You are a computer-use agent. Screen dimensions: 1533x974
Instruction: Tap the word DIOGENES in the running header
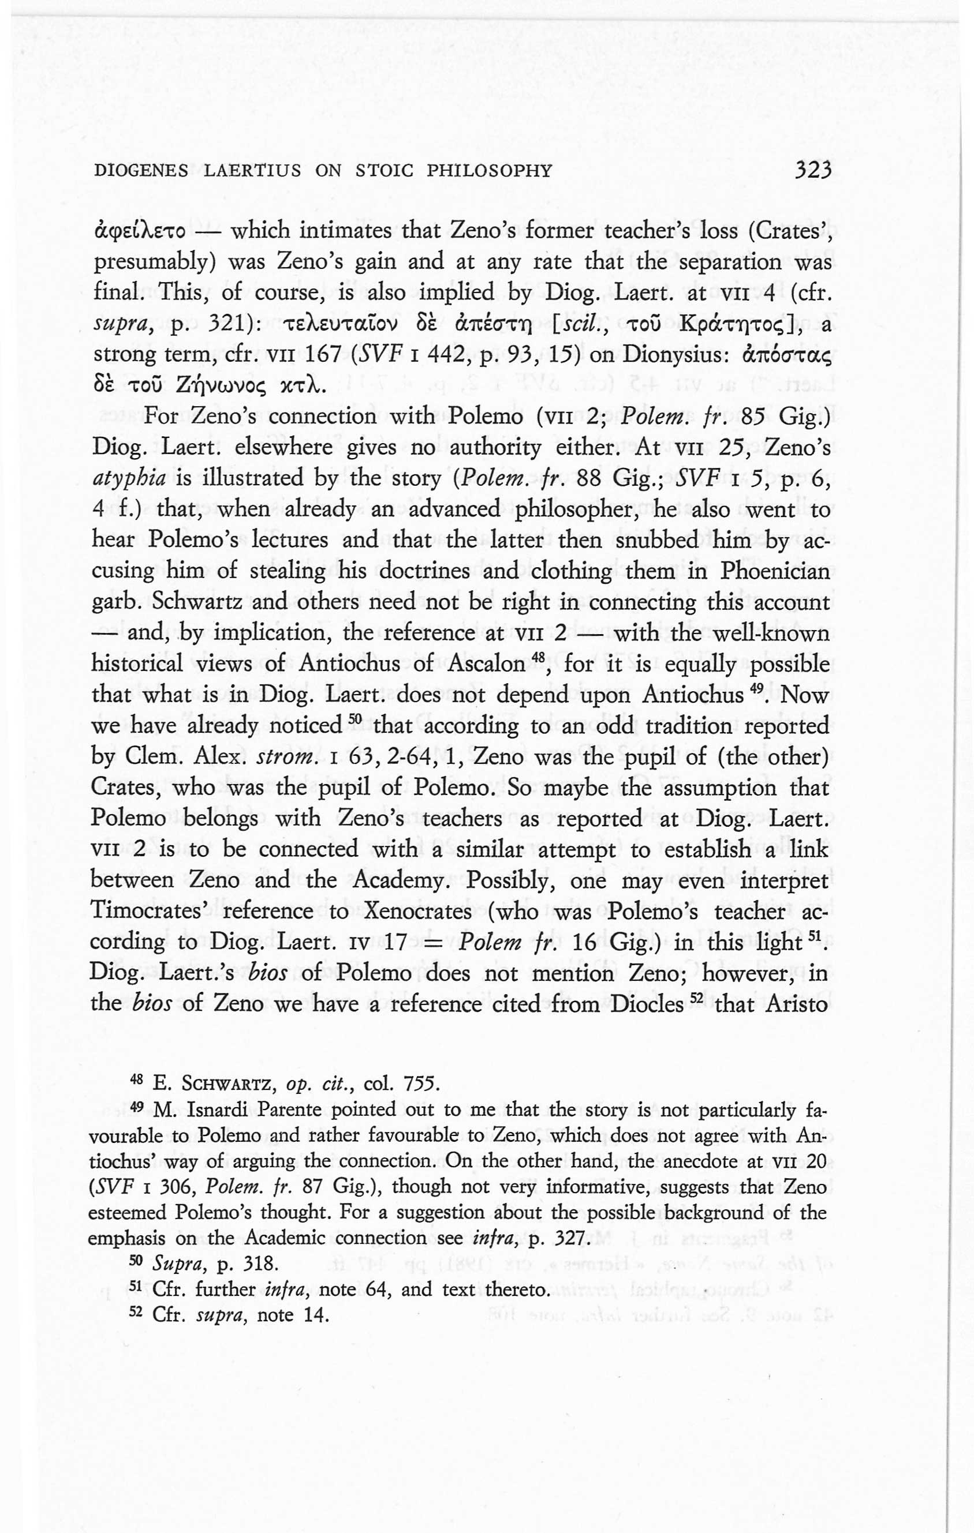tap(141, 171)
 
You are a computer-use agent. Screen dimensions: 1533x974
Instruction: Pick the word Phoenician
tap(775, 571)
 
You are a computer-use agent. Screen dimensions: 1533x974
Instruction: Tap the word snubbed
tap(652, 540)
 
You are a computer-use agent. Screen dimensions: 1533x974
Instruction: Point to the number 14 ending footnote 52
tap(316, 1315)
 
